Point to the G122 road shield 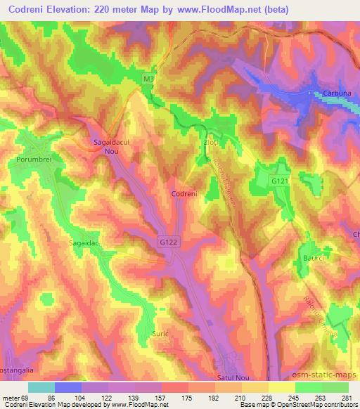tap(166, 241)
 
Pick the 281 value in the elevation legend tap(347, 397)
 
